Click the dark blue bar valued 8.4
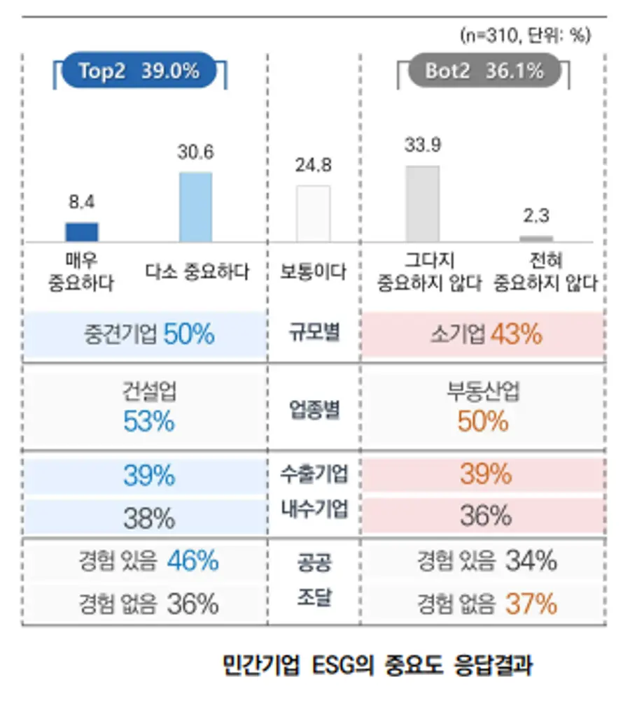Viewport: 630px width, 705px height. click(x=82, y=232)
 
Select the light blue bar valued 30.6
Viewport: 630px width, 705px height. click(x=196, y=207)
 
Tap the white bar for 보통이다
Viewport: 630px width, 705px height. click(x=313, y=213)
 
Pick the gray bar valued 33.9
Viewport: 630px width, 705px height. click(x=423, y=204)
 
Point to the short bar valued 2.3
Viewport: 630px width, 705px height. click(x=536, y=238)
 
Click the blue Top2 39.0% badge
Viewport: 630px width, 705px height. click(x=139, y=71)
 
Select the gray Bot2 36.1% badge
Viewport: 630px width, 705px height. click(x=484, y=71)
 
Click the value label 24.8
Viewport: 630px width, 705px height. click(x=313, y=166)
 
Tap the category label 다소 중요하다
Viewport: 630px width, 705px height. click(x=197, y=271)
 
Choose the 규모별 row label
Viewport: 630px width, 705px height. click(x=314, y=333)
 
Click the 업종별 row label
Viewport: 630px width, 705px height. click(x=314, y=410)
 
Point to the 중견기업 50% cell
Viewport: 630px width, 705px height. click(x=149, y=334)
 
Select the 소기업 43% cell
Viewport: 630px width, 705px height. click(x=486, y=334)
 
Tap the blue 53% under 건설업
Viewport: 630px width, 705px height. click(x=149, y=421)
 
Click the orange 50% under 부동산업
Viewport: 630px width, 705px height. click(x=483, y=421)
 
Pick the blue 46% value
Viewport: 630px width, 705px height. click(x=193, y=561)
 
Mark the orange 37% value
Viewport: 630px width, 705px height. click(x=531, y=604)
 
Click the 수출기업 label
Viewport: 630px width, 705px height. click(x=314, y=474)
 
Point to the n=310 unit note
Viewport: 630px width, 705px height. click(x=525, y=35)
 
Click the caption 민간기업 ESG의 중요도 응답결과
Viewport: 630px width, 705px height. click(x=377, y=664)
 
